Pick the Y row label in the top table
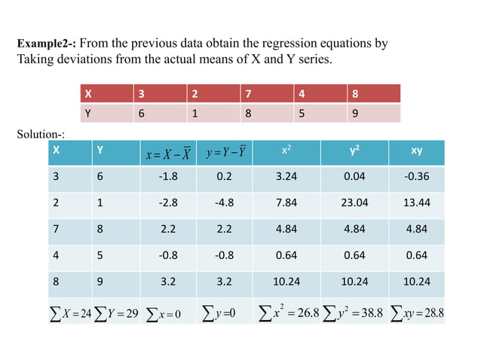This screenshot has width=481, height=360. (89, 114)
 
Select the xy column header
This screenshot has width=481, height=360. (416, 151)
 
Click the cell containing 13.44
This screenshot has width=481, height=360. (416, 203)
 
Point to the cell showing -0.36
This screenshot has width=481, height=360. (416, 177)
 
